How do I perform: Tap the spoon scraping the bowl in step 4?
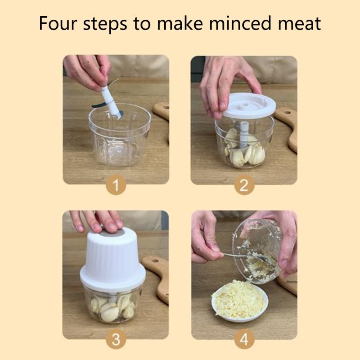pyautogui.click(x=234, y=256)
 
